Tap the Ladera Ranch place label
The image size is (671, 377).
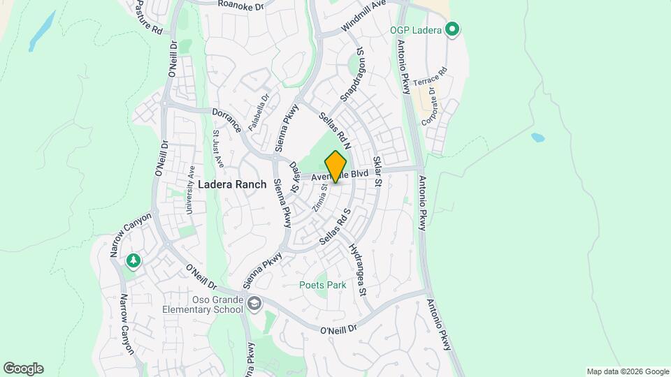[x=232, y=184]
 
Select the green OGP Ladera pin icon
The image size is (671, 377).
[x=452, y=29]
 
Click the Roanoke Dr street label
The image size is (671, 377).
[x=240, y=4]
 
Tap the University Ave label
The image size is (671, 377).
[x=190, y=188]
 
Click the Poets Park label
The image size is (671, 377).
[x=323, y=285]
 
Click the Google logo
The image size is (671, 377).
[x=23, y=369]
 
